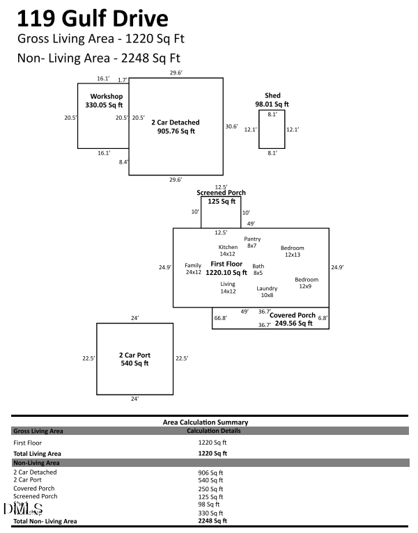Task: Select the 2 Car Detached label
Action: [x=176, y=126]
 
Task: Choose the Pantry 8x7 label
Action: [x=252, y=242]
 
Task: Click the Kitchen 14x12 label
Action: [x=228, y=250]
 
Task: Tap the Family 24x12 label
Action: [x=193, y=269]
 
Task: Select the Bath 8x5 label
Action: [x=258, y=269]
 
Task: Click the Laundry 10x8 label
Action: [x=267, y=292]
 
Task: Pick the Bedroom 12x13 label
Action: [x=293, y=251]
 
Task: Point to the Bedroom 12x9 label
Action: [x=307, y=283]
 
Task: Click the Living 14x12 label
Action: [x=228, y=287]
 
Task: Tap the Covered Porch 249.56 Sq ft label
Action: [x=293, y=319]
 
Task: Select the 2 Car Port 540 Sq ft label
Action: [x=134, y=359]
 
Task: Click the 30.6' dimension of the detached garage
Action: [x=231, y=127]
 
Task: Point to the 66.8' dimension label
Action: [x=220, y=318]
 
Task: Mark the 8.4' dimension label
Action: [x=123, y=162]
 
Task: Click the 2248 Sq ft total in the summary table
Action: [x=212, y=520]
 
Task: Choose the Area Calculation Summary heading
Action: [x=205, y=422]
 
